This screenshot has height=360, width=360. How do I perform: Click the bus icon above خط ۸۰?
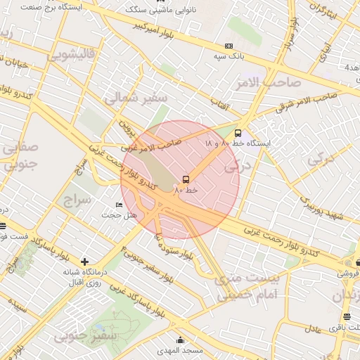[186, 179]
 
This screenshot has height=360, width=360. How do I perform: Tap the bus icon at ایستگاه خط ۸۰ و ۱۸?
[238, 132]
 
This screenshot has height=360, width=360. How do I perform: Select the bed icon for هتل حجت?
[119, 205]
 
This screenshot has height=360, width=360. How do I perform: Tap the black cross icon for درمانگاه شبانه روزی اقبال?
[85, 262]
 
